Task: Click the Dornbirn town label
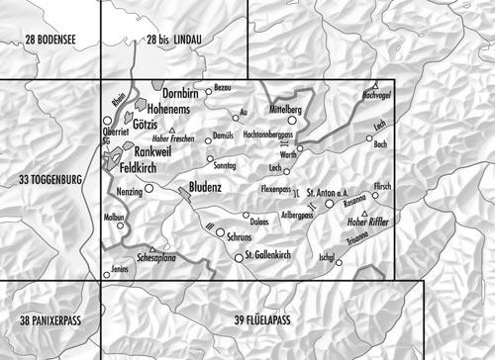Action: click(x=183, y=93)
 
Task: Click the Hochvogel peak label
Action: click(x=378, y=96)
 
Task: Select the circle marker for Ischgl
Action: click(x=339, y=262)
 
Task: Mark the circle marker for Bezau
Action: click(x=208, y=88)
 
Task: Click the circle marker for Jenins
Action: click(x=107, y=275)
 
